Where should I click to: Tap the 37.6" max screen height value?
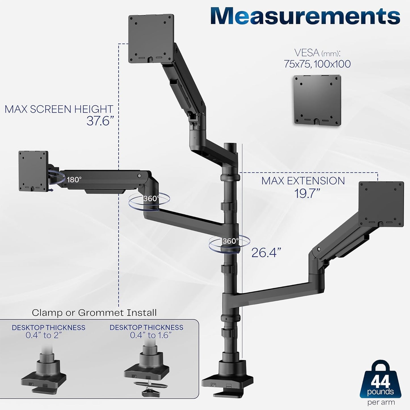click(100, 121)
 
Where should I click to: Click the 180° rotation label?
click(74, 180)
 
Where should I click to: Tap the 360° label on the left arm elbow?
click(151, 199)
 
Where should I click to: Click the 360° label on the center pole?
click(230, 241)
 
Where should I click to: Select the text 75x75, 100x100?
click(317, 64)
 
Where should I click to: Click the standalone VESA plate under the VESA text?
click(317, 100)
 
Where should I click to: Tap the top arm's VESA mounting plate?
click(151, 38)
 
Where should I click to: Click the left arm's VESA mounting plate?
click(33, 171)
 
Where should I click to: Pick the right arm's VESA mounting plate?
click(381, 204)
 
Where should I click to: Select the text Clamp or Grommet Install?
click(94, 313)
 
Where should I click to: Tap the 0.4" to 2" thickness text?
click(44, 335)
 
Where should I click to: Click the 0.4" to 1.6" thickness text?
click(151, 335)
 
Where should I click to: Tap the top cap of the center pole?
click(229, 146)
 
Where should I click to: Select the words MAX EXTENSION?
click(303, 181)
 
